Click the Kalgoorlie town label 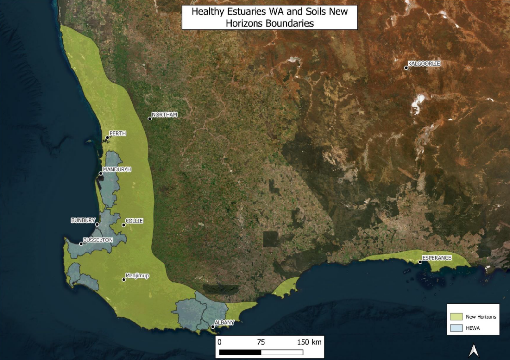[425, 64]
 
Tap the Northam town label [164, 115]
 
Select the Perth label [118, 133]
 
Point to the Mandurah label [117, 169]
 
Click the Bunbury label [83, 220]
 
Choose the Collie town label [134, 220]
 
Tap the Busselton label [98, 240]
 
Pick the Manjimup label [137, 275]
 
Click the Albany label [224, 323]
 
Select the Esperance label [437, 258]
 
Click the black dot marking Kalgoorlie [406, 68]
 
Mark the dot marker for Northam [150, 119]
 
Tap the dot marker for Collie [124, 225]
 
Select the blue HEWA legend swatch [456, 328]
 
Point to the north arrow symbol [474, 351]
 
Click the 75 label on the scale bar [261, 342]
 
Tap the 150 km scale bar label [310, 342]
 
